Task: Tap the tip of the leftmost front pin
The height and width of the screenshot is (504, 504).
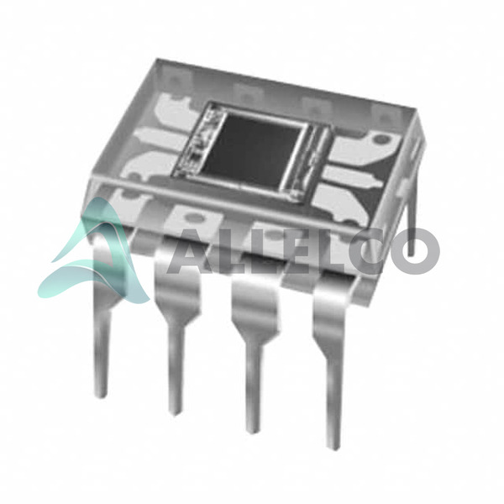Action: [x=102, y=395]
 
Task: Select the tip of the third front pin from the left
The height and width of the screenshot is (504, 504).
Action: [x=252, y=429]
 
